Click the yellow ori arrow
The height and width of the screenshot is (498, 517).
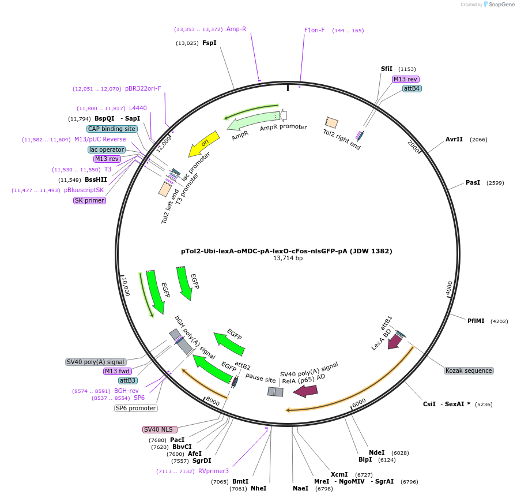tap(205, 144)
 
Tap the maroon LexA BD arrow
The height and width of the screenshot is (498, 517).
tap(395, 342)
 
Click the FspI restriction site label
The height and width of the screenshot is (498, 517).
tap(209, 43)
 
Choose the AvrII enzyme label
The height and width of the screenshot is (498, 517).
tap(454, 140)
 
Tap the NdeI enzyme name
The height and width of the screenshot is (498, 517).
tap(376, 453)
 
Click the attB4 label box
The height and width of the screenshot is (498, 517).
tap(412, 88)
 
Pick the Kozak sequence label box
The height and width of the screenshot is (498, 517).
tap(469, 370)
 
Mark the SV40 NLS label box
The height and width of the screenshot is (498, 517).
tap(160, 429)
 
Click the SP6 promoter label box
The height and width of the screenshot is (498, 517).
tap(136, 408)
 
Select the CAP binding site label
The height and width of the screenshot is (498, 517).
tap(112, 129)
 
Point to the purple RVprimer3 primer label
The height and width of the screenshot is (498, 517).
tap(213, 471)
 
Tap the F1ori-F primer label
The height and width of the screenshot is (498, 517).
tap(315, 30)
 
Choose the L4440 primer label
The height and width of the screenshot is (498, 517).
tap(138, 108)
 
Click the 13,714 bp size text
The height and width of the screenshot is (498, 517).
tap(287, 259)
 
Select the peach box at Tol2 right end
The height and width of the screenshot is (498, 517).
tap(331, 122)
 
